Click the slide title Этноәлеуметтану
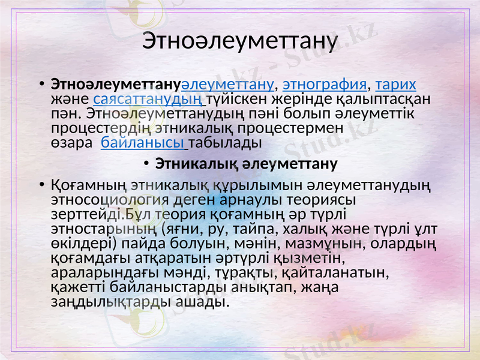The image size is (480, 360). point(240,41)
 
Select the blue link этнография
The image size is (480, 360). point(324,83)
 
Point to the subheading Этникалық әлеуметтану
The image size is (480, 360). point(246,163)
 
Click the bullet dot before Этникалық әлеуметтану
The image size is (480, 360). point(147,164)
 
